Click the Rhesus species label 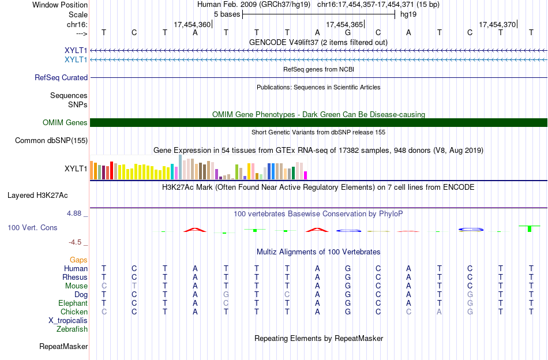tap(75, 277)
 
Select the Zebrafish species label tap(72, 329)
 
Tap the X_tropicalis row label tap(68, 321)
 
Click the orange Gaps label tap(78, 260)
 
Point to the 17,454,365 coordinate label tap(344, 24)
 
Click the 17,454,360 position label tap(192, 24)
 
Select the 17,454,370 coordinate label tap(497, 24)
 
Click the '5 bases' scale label tap(227, 14)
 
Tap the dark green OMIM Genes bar tap(318, 123)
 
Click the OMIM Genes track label tap(65, 123)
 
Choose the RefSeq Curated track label tap(61, 77)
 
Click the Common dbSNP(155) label tap(51, 141)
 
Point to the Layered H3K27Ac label tap(37, 196)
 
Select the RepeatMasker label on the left tap(63, 346)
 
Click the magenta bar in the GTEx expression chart tap(306, 175)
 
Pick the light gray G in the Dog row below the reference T tap(226, 295)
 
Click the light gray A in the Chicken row tap(440, 312)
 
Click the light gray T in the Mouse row tap(134, 286)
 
